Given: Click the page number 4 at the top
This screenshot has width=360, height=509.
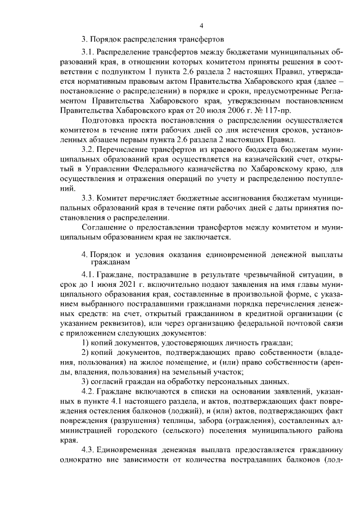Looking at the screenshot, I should (x=201, y=24).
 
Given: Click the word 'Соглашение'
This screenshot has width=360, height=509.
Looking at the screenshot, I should (x=103, y=227).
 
